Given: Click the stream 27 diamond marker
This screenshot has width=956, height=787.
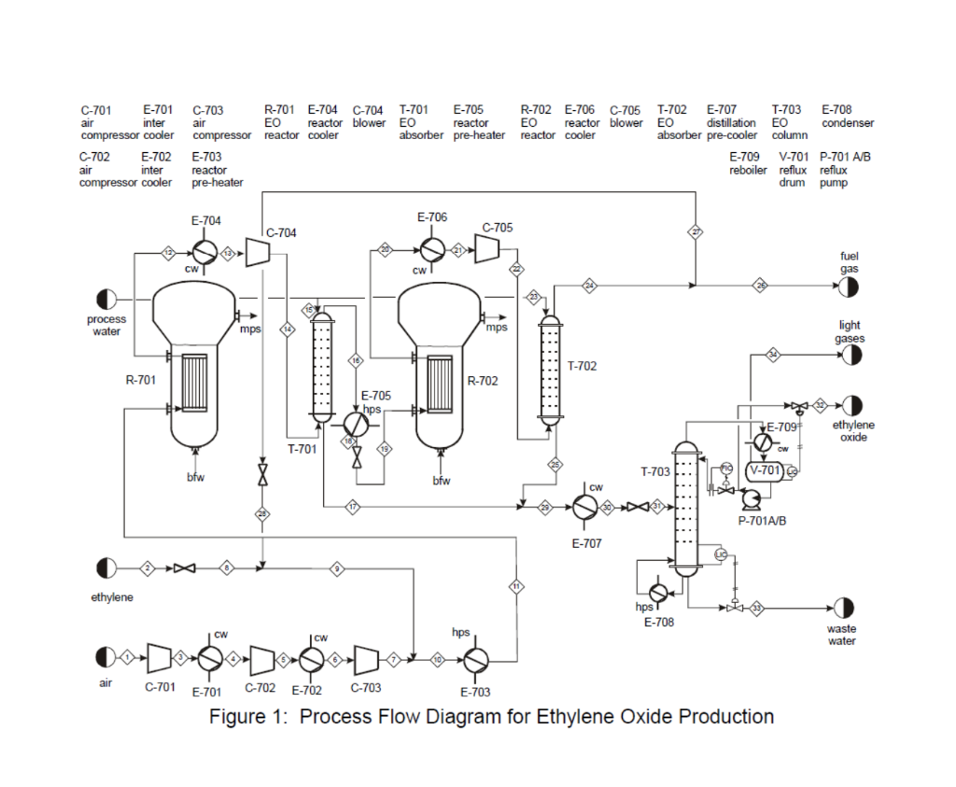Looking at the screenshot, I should pos(696,232).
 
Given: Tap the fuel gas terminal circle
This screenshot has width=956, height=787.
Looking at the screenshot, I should pos(850,285).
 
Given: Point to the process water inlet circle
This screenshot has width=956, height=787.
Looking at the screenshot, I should pos(106,300).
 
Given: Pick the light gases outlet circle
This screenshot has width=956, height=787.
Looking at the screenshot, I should pos(851,355).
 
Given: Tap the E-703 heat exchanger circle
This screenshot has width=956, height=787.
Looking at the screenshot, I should pos(474,659).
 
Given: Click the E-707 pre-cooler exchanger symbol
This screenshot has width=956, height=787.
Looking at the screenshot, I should pos(585,507).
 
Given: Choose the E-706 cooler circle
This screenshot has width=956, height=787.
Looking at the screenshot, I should pos(431,249).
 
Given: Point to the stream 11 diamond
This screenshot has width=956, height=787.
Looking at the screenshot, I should pos(515,585).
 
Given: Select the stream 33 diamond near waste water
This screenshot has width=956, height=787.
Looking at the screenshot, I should pos(757,608).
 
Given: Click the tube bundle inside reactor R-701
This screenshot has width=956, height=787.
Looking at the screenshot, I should pos(195,383).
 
